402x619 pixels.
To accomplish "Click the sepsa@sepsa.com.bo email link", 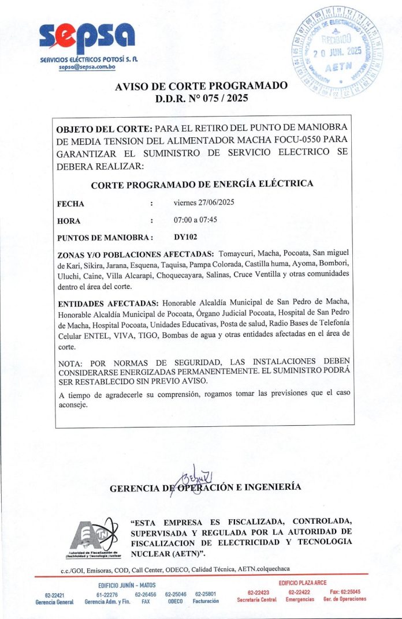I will (87, 67).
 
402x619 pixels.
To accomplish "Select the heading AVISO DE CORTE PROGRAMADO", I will (201, 86).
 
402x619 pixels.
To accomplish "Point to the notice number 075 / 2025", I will (219, 98).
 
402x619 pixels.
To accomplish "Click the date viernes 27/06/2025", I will (204, 202).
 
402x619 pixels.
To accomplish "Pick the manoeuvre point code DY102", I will (185, 237).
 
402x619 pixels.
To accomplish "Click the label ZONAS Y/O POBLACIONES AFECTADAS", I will (136, 254).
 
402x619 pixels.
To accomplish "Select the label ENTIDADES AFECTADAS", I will (109, 303).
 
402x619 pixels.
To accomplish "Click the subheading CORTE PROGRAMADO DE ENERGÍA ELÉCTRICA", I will (202, 184).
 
